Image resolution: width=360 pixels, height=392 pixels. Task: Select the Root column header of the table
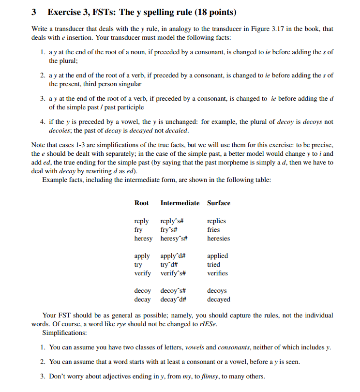(141, 203)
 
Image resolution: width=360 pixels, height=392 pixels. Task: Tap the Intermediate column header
(180, 203)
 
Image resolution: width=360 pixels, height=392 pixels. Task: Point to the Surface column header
(218, 203)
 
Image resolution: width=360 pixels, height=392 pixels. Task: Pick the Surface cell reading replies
(216, 221)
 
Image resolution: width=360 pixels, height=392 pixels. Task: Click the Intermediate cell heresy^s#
(174, 238)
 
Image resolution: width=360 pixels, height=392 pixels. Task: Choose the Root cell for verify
(142, 273)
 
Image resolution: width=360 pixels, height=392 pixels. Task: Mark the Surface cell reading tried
(213, 264)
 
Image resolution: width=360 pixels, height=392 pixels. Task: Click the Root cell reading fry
(138, 229)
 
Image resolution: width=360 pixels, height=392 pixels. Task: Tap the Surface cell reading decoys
(217, 291)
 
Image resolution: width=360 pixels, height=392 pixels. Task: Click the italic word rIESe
(209, 324)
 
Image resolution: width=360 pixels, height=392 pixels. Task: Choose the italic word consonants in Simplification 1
(232, 347)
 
